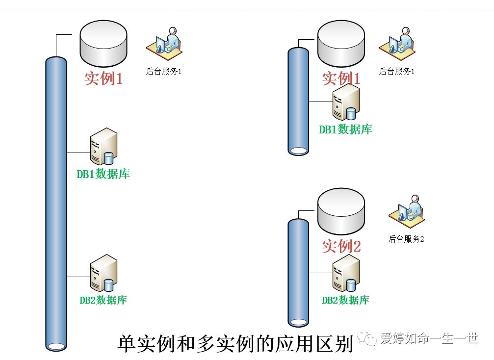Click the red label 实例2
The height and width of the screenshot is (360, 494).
point(341,246)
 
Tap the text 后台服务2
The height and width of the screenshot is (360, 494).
point(406,239)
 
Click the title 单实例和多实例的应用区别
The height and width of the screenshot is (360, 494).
point(235,343)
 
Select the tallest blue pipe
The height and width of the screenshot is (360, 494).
point(55,196)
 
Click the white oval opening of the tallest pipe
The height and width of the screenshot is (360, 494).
point(55,346)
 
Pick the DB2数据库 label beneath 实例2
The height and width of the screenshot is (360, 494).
point(345,300)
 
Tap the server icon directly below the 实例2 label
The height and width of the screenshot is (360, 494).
point(345,273)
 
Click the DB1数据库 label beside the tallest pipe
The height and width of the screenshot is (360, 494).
point(103,174)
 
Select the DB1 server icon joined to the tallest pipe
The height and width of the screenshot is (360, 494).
point(103,146)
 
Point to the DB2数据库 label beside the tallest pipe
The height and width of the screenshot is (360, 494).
point(103,300)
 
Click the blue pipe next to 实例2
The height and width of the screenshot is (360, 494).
point(298,270)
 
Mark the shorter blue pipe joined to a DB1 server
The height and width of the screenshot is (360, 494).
point(298,98)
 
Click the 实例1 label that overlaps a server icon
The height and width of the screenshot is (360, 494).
point(341,78)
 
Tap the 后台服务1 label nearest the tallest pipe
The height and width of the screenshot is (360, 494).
point(164,72)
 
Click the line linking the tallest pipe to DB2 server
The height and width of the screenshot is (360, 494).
point(78,277)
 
